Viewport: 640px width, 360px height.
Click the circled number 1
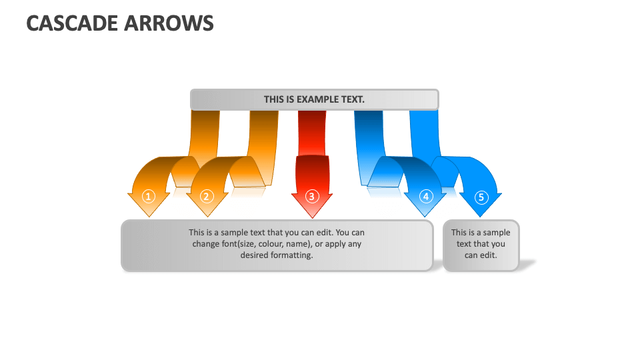click(x=149, y=196)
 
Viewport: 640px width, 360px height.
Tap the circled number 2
click(x=206, y=196)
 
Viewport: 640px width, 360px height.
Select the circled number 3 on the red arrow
click(x=311, y=196)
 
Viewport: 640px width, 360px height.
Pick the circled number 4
click(x=427, y=196)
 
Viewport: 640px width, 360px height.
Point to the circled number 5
click(x=481, y=197)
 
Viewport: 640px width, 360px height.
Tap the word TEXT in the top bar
click(x=353, y=99)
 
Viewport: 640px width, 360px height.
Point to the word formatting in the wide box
click(x=292, y=255)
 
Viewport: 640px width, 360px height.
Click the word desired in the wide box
click(x=255, y=255)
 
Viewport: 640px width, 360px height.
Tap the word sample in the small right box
click(x=497, y=233)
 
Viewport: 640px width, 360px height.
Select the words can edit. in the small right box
click(x=481, y=255)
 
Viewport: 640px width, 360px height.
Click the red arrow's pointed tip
click(x=311, y=217)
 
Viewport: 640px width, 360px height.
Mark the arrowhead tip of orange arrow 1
click(x=149, y=216)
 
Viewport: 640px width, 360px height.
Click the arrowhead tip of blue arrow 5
click(x=481, y=217)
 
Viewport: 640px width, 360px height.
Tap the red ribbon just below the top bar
click(x=312, y=123)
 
